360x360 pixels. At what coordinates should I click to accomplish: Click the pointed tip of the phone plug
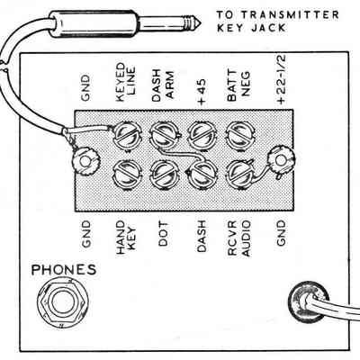tap(200, 22)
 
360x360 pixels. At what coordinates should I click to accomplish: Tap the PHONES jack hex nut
tap(62, 301)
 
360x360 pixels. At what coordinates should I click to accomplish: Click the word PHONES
tap(64, 270)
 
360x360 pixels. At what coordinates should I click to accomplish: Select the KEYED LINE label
tap(126, 82)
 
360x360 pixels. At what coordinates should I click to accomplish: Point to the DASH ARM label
tap(163, 85)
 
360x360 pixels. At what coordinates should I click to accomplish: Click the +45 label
tap(202, 92)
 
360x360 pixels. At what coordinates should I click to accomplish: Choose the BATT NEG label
tap(238, 85)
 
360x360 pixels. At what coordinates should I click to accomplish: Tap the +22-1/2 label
tap(282, 79)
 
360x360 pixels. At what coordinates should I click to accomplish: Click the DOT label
tap(164, 234)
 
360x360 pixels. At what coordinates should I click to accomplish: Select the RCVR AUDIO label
tap(238, 238)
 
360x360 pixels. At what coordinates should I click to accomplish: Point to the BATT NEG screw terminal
tap(240, 135)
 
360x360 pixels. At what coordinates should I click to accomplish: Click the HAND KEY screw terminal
tap(126, 175)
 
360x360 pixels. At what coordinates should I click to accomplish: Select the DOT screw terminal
tap(164, 175)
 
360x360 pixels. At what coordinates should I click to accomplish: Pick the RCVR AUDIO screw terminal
tap(240, 175)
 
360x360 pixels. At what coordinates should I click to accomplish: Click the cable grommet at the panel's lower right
tap(308, 301)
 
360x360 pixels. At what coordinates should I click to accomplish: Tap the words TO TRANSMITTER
tap(278, 14)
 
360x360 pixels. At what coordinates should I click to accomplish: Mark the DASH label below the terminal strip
tap(202, 236)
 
